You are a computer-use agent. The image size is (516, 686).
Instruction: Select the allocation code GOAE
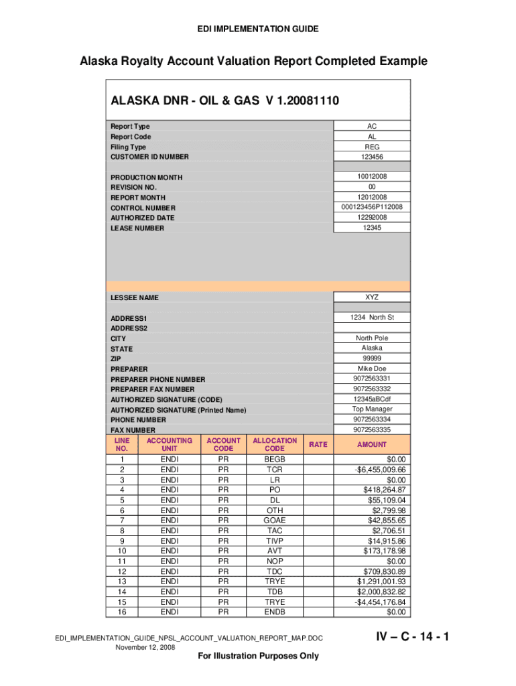274,520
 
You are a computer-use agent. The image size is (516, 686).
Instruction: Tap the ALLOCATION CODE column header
274,444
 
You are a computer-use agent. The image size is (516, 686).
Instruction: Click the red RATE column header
318,444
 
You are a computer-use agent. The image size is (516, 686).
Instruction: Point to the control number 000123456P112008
372,208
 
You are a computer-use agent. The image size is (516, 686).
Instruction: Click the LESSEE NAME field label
135,297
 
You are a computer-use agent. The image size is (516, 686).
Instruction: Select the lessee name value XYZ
372,296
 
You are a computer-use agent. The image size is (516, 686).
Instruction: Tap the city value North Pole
372,338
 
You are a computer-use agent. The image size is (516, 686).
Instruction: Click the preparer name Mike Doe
372,368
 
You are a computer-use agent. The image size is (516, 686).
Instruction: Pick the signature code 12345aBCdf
372,399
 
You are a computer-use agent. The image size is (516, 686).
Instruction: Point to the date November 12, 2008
145,648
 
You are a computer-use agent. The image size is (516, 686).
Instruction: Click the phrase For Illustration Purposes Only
259,656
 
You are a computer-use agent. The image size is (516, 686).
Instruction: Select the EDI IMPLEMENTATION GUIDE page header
258,29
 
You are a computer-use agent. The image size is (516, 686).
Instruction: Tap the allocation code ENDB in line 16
274,612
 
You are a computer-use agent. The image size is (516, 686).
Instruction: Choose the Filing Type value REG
372,147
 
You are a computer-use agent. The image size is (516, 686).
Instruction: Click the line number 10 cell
122,551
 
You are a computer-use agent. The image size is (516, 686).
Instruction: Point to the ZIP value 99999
372,358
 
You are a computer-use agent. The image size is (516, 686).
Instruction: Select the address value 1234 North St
372,317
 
